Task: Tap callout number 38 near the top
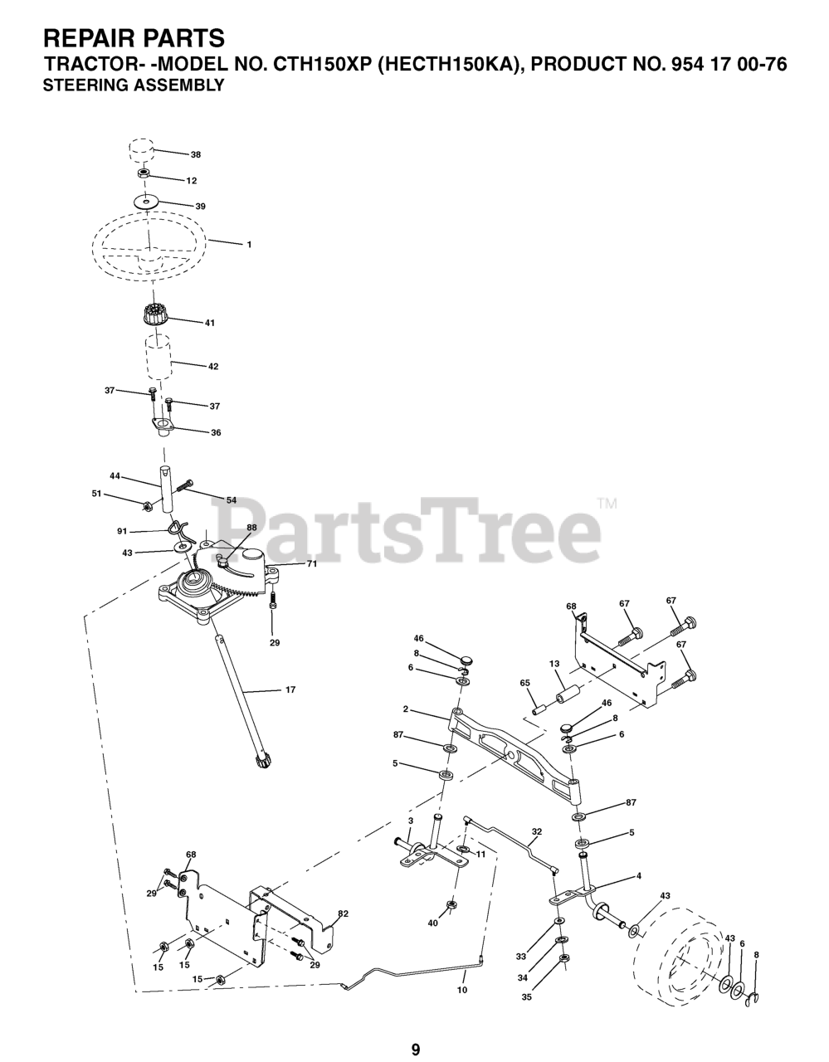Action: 196,154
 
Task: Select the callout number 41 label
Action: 209,322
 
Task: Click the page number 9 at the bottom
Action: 415,1027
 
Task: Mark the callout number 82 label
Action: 343,913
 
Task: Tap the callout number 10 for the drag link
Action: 462,990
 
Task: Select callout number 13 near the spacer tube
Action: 555,664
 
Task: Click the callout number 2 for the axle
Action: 406,709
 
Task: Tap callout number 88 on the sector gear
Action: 251,528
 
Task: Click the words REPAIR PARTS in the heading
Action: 133,38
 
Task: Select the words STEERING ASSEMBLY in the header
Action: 133,85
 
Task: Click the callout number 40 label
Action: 432,923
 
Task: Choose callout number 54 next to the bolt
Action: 232,499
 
